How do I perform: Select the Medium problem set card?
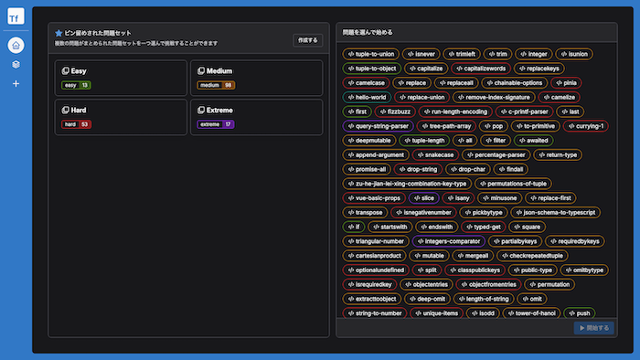point(257,78)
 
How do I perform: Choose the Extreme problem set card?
point(257,116)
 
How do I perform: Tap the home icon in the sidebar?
point(16,45)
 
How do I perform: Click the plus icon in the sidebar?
point(16,84)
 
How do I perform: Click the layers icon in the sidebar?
point(16,65)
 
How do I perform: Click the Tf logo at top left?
point(16,16)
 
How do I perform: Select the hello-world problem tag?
point(368,97)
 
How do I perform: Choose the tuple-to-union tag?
point(370,54)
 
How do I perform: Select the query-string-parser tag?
point(378,126)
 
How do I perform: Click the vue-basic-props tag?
point(376,198)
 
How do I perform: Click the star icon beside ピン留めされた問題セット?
point(59,32)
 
